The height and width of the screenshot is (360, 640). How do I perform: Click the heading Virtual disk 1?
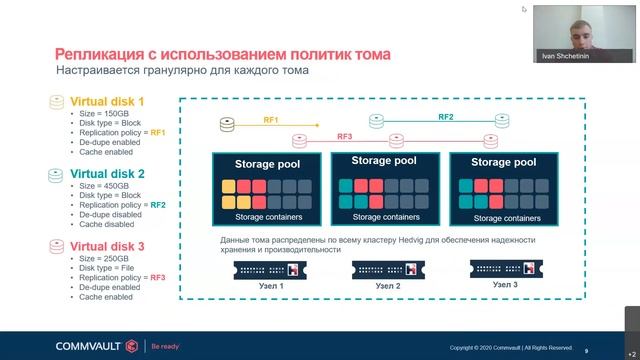click(x=106, y=101)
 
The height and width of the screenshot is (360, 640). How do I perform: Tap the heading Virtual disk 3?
click(x=106, y=247)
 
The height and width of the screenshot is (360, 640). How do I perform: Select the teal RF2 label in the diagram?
click(x=446, y=117)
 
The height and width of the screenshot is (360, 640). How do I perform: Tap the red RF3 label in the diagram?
click(x=345, y=136)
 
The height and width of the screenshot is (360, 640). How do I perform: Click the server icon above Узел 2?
click(x=385, y=269)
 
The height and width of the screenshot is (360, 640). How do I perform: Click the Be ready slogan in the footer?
click(x=166, y=346)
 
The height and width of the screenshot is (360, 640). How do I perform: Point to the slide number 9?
click(x=587, y=350)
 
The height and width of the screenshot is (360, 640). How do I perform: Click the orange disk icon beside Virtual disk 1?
click(x=58, y=102)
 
